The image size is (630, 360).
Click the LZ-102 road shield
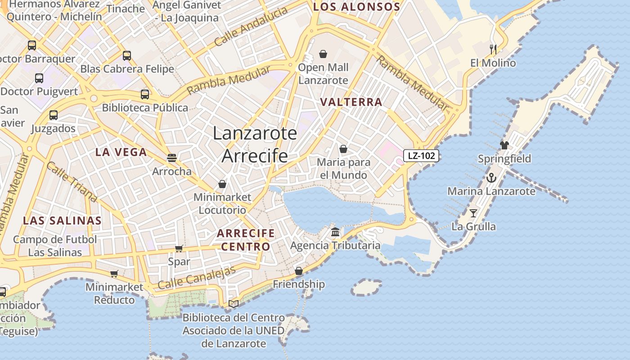pos(421,156)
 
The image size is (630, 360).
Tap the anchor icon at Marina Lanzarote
pos(491,178)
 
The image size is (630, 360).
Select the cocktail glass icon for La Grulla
pos(473,213)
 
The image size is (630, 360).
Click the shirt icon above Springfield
pos(504,145)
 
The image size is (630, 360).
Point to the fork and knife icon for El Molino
pos(493,49)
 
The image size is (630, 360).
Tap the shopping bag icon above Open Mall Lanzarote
pos(323,54)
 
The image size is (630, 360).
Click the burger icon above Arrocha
pos(171,158)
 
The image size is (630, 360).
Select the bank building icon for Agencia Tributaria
pos(335,232)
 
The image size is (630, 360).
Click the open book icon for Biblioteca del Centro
pos(233,304)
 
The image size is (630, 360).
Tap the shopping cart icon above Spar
pos(179,248)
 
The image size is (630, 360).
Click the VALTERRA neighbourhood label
pos(351,102)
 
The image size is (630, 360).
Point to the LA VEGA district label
pos(121,152)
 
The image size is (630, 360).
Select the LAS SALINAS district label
pos(62,220)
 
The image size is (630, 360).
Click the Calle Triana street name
pos(72,182)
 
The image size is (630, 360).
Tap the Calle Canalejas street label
pos(197,278)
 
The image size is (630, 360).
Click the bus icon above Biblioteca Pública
pos(144,94)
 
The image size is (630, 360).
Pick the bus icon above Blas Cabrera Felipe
pos(127,56)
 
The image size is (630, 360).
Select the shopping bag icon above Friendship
pos(299,271)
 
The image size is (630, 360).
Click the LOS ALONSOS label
pos(356,7)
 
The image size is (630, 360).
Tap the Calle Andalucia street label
pos(251,27)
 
